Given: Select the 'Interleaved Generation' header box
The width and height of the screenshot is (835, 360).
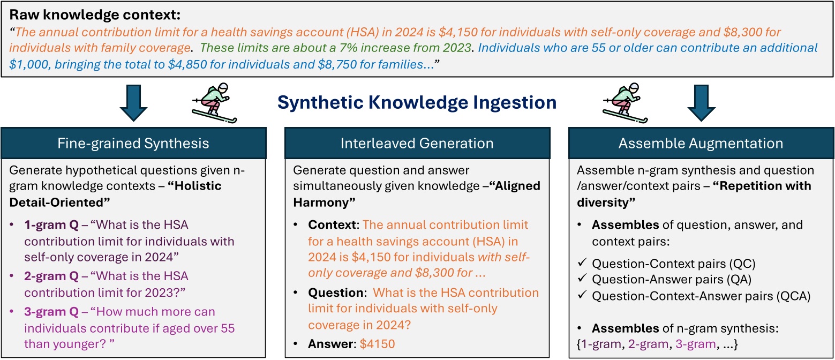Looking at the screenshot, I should [x=417, y=144].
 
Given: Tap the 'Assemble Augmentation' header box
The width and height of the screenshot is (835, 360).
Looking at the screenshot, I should [x=701, y=144].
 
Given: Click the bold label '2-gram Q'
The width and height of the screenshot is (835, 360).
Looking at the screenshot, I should [x=43, y=276].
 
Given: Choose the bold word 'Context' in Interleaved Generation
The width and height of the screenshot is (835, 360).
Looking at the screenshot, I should [x=324, y=225].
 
